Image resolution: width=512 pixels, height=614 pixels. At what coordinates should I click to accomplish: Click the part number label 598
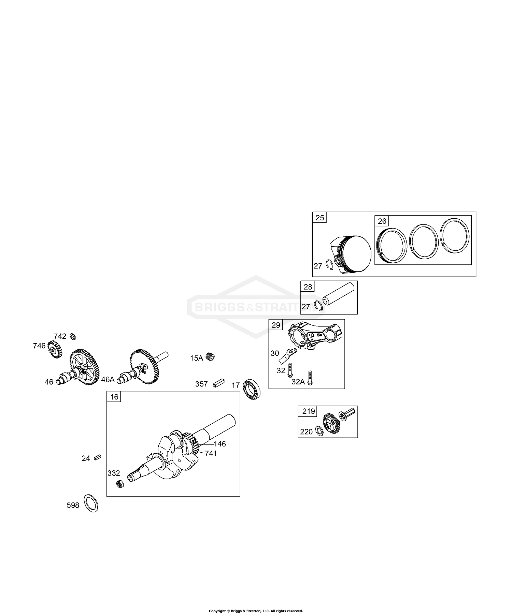73,505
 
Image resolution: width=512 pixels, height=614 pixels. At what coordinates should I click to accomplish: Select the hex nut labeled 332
120,484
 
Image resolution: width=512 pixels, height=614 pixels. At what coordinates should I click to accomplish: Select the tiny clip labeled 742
73,336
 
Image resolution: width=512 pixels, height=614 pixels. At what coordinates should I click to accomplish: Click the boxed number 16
114,397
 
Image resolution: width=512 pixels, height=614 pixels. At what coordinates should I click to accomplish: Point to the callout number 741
211,453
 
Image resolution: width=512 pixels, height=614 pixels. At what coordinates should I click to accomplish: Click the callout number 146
220,444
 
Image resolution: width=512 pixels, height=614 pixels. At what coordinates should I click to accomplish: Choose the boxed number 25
319,218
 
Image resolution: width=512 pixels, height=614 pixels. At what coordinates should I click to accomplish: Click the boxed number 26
382,221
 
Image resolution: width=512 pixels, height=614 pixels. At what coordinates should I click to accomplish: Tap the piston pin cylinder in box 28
339,293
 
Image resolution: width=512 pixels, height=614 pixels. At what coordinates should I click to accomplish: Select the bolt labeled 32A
310,378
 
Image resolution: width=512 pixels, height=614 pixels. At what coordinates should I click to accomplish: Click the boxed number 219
309,411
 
